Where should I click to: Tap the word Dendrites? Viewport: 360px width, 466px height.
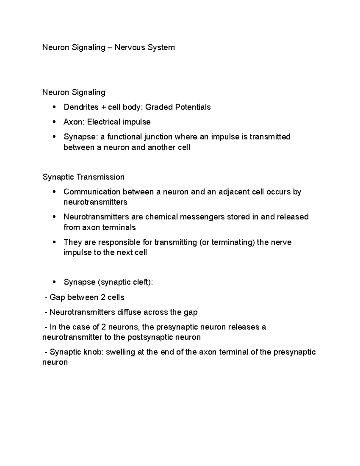pyautogui.click(x=81, y=107)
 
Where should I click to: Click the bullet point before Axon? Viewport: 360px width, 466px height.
pyautogui.click(x=54, y=122)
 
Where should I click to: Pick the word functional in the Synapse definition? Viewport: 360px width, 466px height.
pyautogui.click(x=125, y=137)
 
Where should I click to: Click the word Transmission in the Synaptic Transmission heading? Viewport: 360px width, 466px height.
pyautogui.click(x=100, y=177)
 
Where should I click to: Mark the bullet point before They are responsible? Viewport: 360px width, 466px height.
pyautogui.click(x=54, y=242)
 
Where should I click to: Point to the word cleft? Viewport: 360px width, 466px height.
pyautogui.click(x=142, y=282)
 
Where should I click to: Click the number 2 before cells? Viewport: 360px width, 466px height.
pyautogui.click(x=103, y=297)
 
